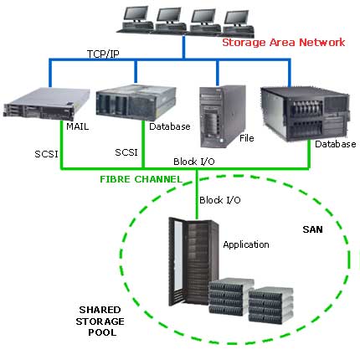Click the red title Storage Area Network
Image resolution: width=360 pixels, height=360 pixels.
(284, 43)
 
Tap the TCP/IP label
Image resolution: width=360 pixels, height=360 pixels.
(103, 54)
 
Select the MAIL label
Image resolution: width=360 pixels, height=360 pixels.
(78, 126)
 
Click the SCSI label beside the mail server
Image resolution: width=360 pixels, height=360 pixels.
(46, 154)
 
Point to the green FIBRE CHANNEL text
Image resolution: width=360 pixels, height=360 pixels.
(141, 179)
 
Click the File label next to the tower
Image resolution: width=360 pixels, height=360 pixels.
(247, 138)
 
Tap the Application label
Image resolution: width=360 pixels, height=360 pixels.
(246, 244)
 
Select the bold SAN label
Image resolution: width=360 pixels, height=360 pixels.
(312, 229)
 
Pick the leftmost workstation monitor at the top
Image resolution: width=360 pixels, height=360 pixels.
(136, 14)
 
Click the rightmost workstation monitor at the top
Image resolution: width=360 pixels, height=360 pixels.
(237, 18)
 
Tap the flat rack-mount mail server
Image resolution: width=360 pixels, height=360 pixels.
(47, 104)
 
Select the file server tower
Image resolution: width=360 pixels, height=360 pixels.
(223, 116)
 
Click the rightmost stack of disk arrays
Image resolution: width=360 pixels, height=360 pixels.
(270, 305)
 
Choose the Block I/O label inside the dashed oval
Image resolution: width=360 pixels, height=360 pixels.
(220, 200)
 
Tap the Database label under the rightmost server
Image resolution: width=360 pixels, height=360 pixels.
(336, 144)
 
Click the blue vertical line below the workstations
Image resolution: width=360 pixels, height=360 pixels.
(183, 47)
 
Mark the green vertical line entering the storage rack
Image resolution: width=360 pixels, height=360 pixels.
(197, 194)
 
